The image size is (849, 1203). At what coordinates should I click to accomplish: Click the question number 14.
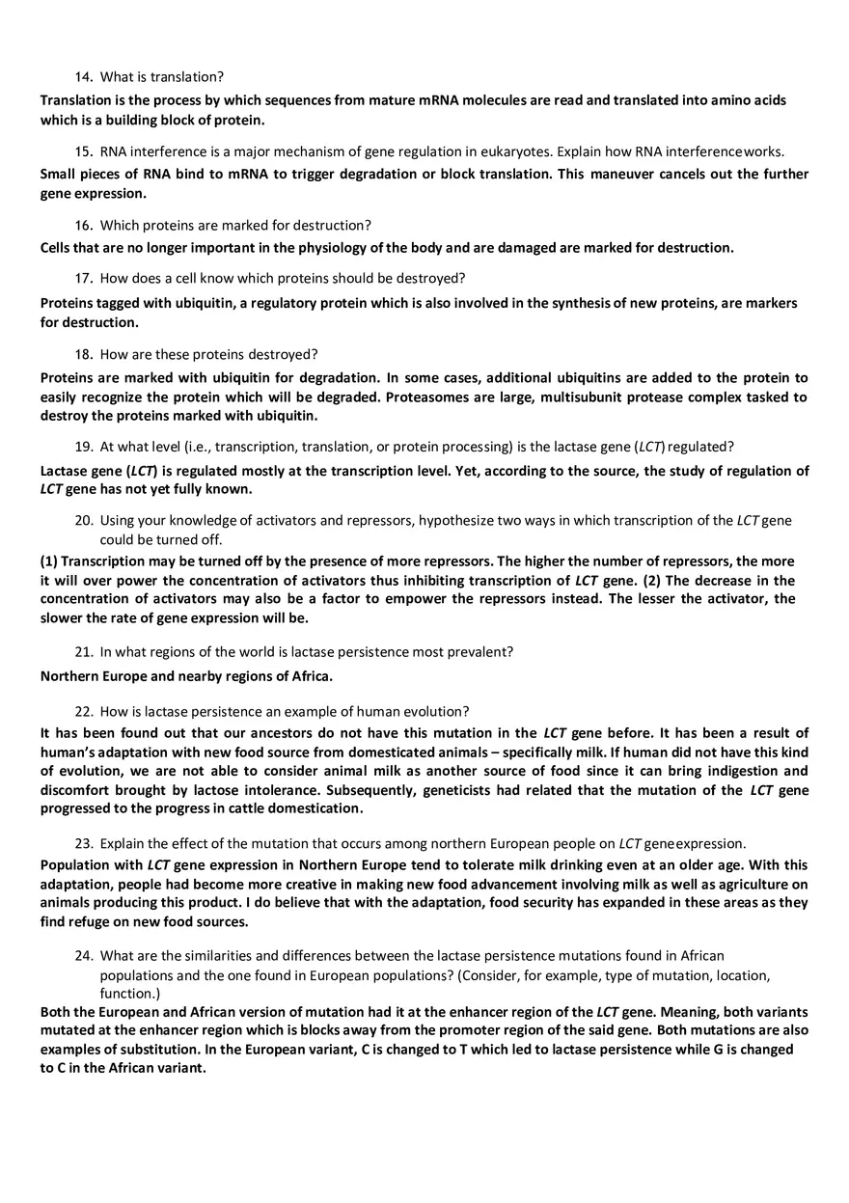click(x=83, y=77)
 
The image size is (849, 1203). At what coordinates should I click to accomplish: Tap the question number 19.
click(x=83, y=447)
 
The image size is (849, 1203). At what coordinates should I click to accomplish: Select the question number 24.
click(x=83, y=956)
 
